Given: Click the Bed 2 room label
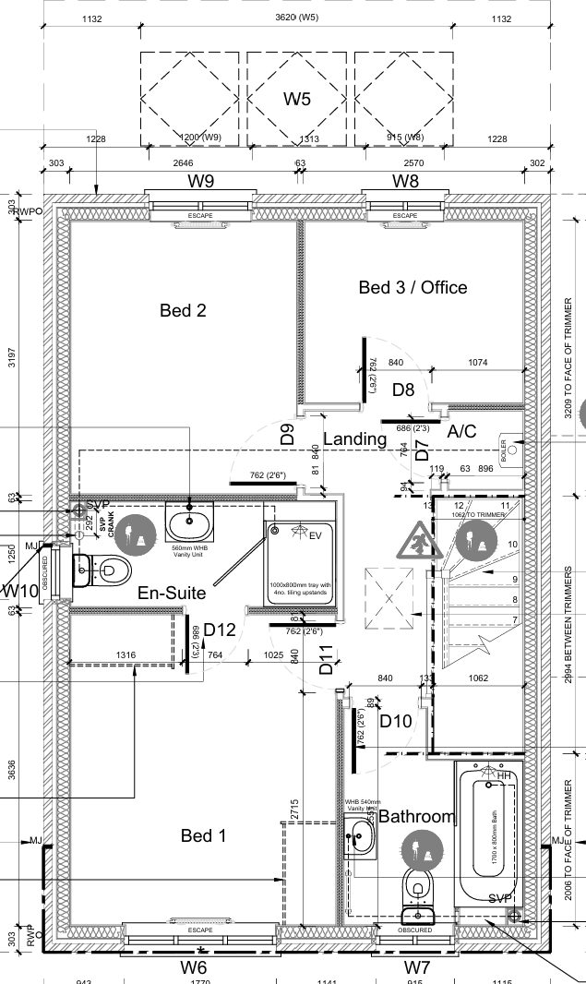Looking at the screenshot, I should pyautogui.click(x=183, y=310).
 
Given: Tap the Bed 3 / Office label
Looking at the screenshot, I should pyautogui.click(x=413, y=288).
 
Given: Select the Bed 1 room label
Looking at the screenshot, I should pyautogui.click(x=203, y=835).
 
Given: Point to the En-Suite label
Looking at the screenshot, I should pyautogui.click(x=172, y=593).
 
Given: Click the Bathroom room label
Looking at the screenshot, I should pyautogui.click(x=417, y=817).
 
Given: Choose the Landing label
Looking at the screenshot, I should pyautogui.click(x=354, y=439).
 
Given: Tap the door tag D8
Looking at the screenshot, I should pyautogui.click(x=403, y=390).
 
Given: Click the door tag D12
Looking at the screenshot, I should pyautogui.click(x=221, y=630).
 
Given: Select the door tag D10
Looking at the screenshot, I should pyautogui.click(x=395, y=721).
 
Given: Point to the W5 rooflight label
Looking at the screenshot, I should pyautogui.click(x=296, y=100).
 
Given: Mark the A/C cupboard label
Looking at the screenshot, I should pyautogui.click(x=461, y=432).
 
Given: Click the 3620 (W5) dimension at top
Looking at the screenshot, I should pyautogui.click(x=296, y=18).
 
